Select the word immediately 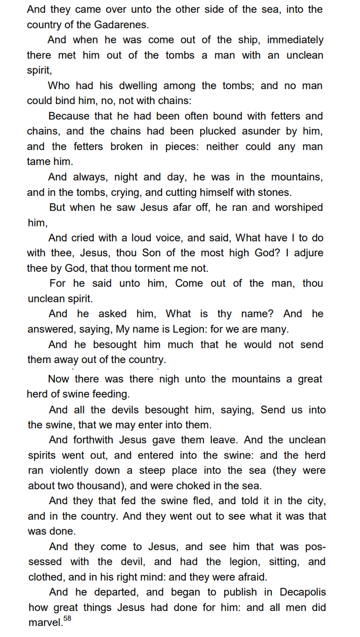click(x=295, y=40)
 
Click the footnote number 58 click(x=67, y=619)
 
